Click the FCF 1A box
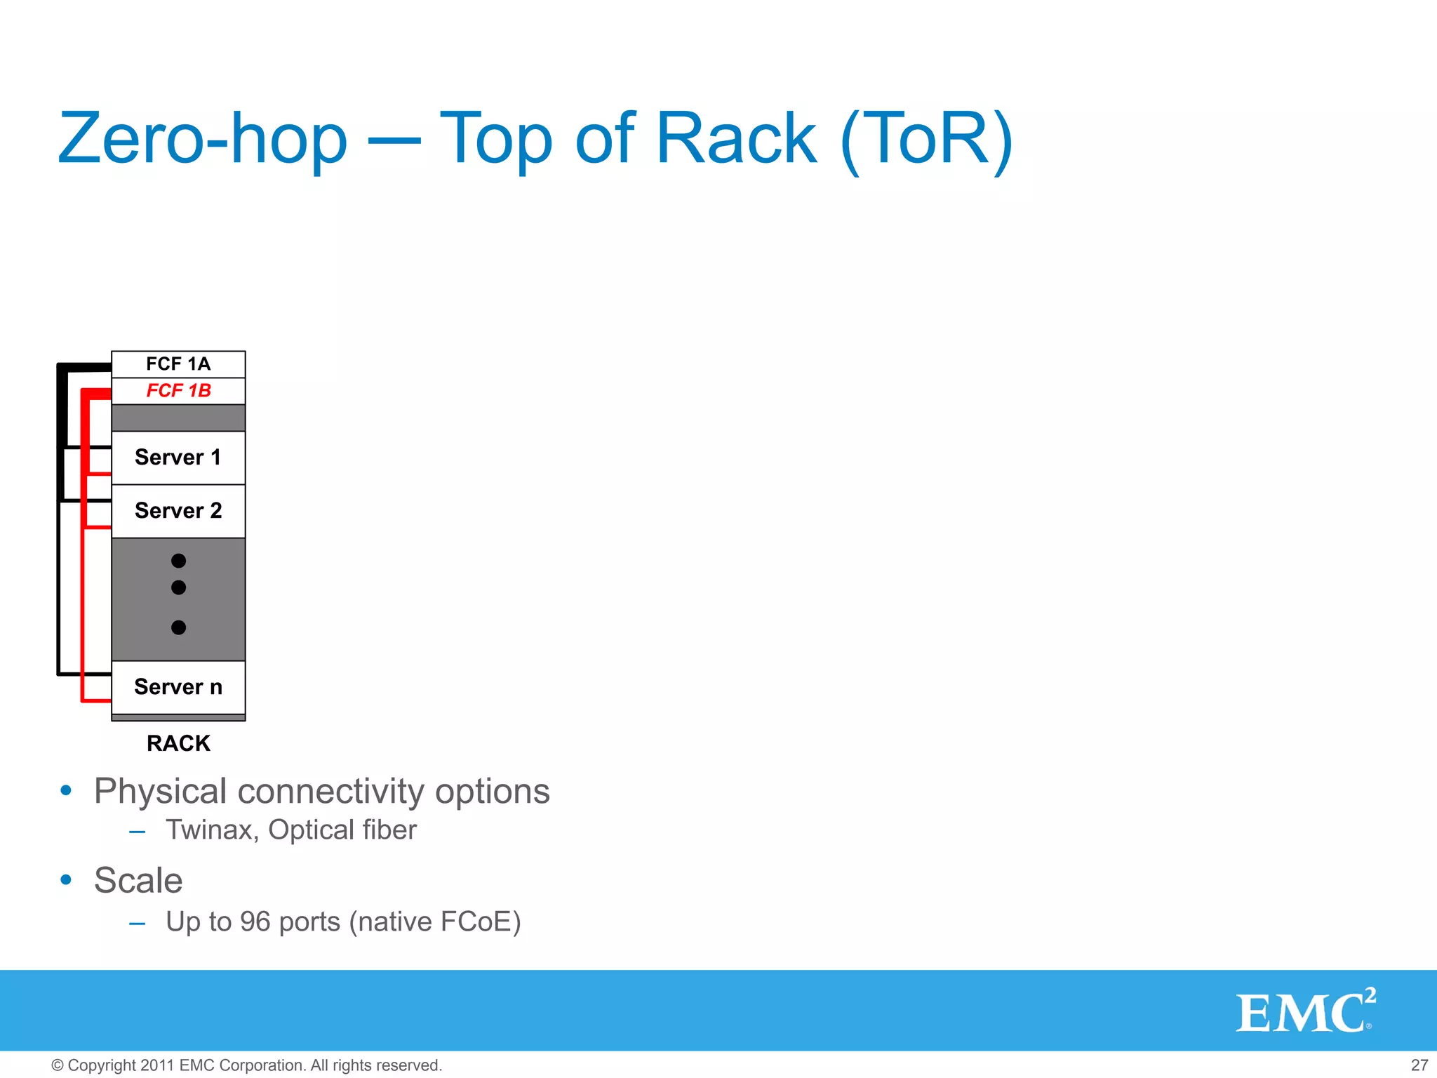pyautogui.click(x=178, y=364)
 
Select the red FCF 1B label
pyautogui.click(x=178, y=390)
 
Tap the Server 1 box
pyautogui.click(x=178, y=458)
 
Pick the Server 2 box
pyautogui.click(x=178, y=511)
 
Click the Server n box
pyautogui.click(x=178, y=686)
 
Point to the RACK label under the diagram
pyautogui.click(x=178, y=743)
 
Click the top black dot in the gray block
pyautogui.click(x=178, y=561)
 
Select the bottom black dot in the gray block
pyautogui.click(x=178, y=627)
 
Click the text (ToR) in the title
pyautogui.click(x=926, y=139)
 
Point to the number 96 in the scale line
pyautogui.click(x=255, y=922)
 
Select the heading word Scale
pyautogui.click(x=138, y=881)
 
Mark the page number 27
pyautogui.click(x=1419, y=1065)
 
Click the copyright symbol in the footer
pyautogui.click(x=58, y=1065)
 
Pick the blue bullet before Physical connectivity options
pyautogui.click(x=66, y=791)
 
